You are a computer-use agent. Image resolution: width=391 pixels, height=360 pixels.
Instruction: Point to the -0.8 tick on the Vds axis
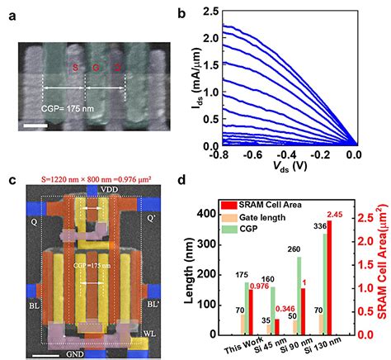(x=213, y=154)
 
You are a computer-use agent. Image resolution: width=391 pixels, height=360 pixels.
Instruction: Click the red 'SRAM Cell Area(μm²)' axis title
(x=383, y=272)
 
